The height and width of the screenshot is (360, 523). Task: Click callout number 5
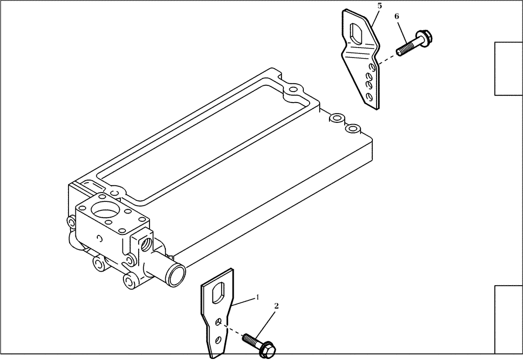(x=379, y=6)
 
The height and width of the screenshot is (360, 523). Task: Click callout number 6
(x=397, y=17)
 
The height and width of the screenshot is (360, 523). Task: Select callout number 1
(x=257, y=297)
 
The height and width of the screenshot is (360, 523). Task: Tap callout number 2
(x=277, y=306)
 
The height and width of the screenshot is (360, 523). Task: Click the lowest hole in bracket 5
(x=370, y=96)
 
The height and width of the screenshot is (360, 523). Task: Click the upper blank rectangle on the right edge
(x=508, y=69)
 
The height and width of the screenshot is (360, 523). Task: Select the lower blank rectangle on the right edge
(x=508, y=319)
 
